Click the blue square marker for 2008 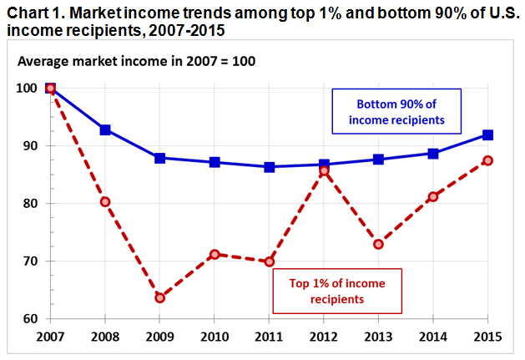click(104, 129)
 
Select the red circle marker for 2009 click(159, 297)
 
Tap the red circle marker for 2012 click(323, 170)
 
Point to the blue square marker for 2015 click(487, 134)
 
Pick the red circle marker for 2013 click(378, 244)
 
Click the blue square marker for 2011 click(269, 167)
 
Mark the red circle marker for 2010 click(214, 254)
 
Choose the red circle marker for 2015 click(487, 160)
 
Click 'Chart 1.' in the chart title click(34, 11)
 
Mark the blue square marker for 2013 click(378, 159)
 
